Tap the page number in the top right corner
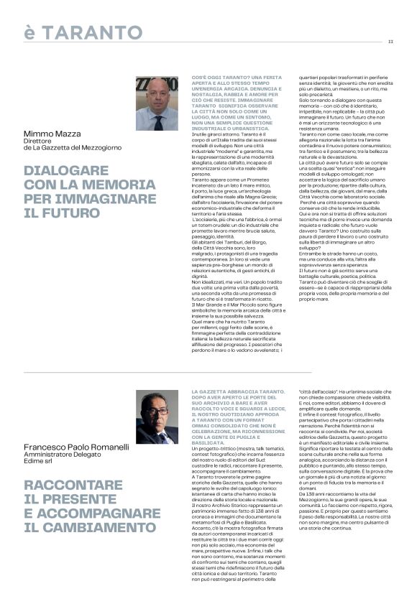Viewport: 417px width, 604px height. [x=390, y=41]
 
